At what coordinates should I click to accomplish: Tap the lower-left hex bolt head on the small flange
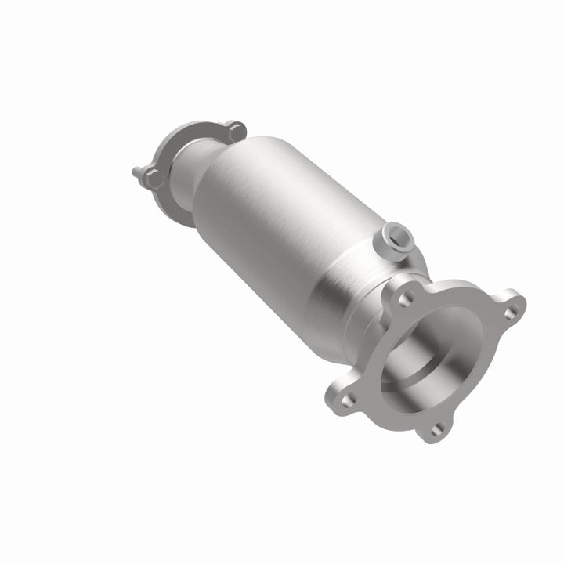[156, 178]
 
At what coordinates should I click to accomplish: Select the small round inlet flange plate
[188, 157]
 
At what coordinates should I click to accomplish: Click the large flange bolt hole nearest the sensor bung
[407, 299]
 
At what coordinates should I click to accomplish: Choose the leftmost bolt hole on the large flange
[350, 399]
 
